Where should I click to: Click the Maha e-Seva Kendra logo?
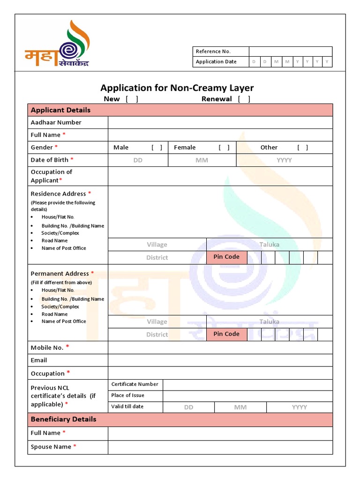tap(57, 45)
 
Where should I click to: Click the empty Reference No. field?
tap(290, 52)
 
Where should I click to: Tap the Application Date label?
tap(216, 62)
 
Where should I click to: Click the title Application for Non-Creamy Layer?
tap(177, 88)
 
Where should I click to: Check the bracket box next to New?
tap(132, 99)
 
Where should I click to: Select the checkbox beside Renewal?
tap(244, 99)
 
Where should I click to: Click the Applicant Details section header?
tap(61, 110)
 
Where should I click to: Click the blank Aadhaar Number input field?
tap(220, 122)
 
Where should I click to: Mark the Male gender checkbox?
tap(157, 148)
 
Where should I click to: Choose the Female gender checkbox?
tap(224, 148)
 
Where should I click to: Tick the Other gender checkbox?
tap(303, 148)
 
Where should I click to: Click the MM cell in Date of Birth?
tap(202, 160)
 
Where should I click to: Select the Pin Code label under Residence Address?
tap(226, 257)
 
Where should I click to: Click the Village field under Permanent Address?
tap(157, 322)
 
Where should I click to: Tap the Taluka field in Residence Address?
tap(269, 245)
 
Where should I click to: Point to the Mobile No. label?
tap(47, 348)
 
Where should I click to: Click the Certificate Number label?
tap(135, 384)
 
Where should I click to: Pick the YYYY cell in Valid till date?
tap(299, 407)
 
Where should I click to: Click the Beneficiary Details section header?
tap(64, 419)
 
